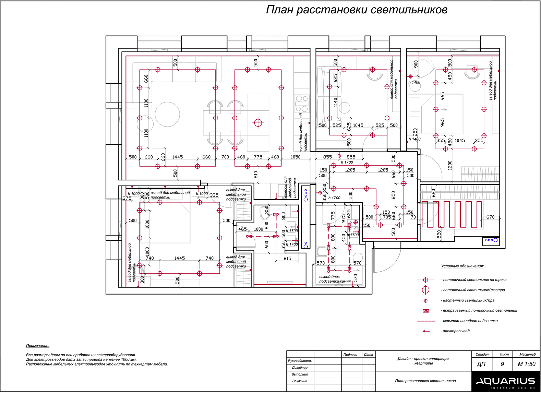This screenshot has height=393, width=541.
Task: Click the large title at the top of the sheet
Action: pyautogui.click(x=356, y=10)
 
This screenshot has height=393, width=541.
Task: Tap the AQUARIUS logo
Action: pyautogui.click(x=505, y=381)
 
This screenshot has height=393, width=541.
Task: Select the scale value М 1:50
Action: pyautogui.click(x=527, y=364)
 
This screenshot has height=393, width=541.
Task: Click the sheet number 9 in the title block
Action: pyautogui.click(x=502, y=364)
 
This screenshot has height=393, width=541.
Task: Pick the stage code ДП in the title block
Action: pyautogui.click(x=481, y=364)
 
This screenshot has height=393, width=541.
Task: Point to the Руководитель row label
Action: pyautogui.click(x=300, y=361)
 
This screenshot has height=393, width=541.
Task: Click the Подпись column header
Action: pyautogui.click(x=350, y=355)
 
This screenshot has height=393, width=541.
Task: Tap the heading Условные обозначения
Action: pyautogui.click(x=462, y=266)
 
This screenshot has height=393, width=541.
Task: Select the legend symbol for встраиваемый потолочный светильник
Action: pyautogui.click(x=425, y=311)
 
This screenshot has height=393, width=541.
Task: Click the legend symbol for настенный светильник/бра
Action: pyautogui.click(x=425, y=301)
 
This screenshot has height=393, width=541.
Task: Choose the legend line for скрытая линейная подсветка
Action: pyautogui.click(x=426, y=321)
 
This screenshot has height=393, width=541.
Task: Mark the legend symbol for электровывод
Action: pyautogui.click(x=425, y=331)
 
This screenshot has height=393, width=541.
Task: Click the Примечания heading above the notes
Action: pyautogui.click(x=38, y=346)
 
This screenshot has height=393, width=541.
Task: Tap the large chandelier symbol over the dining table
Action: pyautogui.click(x=258, y=122)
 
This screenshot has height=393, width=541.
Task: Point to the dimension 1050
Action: pyautogui.click(x=295, y=157)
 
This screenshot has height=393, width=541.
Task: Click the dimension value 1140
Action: pyautogui.click(x=335, y=102)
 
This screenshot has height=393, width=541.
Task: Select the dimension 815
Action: pyautogui.click(x=287, y=259)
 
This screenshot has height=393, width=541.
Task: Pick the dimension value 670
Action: pyautogui.click(x=490, y=217)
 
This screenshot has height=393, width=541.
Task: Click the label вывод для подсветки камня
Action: pyautogui.click(x=334, y=279)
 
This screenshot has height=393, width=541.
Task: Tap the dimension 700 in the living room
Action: pyautogui.click(x=225, y=157)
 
